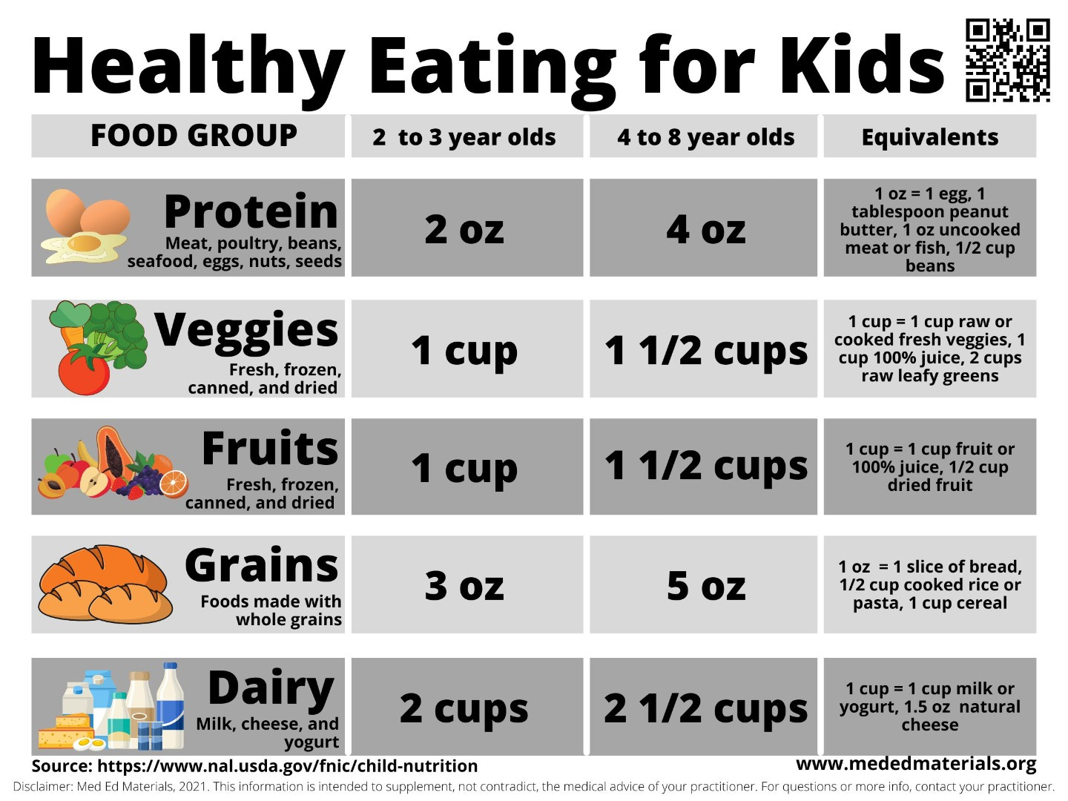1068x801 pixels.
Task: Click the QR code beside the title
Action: (1007, 61)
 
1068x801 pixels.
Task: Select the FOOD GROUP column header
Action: (194, 136)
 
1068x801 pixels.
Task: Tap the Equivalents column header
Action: (929, 137)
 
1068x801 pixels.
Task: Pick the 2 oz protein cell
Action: (465, 228)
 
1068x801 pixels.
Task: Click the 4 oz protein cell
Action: (705, 228)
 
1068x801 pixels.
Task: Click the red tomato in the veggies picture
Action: (84, 371)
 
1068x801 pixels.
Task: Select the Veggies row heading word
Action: (246, 330)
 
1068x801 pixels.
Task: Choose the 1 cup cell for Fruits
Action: (465, 467)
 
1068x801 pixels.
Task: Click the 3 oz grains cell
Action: (465, 585)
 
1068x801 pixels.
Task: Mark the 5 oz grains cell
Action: (705, 585)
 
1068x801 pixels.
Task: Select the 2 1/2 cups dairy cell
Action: (705, 708)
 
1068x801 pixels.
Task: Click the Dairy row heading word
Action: (271, 688)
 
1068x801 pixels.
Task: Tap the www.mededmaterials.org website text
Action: (916, 764)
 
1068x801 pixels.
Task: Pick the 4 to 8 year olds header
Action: (705, 137)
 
